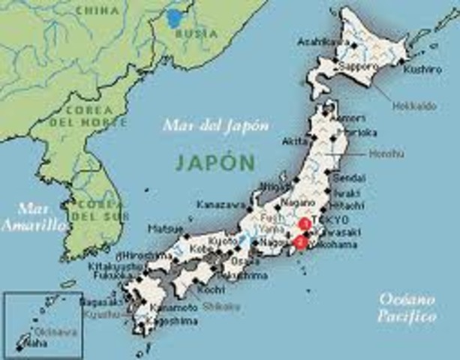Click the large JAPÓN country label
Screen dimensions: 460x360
(215, 160)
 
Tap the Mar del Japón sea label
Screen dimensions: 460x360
(215, 125)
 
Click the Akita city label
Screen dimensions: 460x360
(295, 140)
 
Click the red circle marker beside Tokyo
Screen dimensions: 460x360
(305, 222)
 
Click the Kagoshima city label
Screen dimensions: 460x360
(175, 321)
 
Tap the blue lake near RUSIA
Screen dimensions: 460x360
(176, 18)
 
